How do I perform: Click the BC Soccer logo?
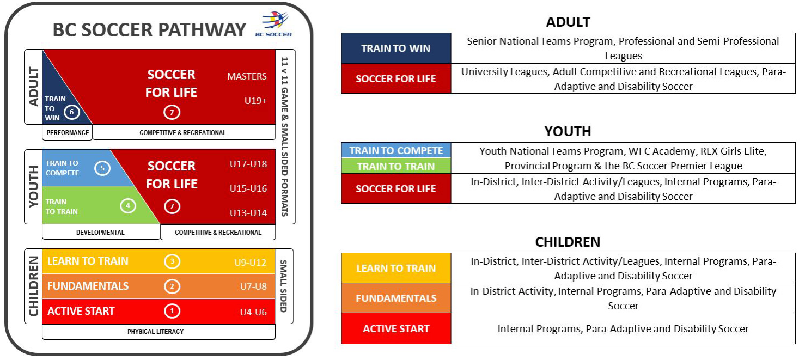(x=273, y=24)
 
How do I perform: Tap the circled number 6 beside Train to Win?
(x=71, y=112)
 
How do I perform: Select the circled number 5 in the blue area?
(x=102, y=168)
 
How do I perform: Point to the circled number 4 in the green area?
(x=128, y=206)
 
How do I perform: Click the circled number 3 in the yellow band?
(x=172, y=261)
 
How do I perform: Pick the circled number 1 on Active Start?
(x=172, y=311)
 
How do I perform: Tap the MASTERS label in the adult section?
(x=247, y=76)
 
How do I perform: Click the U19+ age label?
(x=255, y=101)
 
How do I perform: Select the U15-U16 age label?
(x=248, y=188)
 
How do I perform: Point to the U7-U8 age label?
(x=253, y=286)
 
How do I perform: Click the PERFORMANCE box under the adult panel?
(x=68, y=132)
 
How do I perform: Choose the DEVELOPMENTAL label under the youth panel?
(x=100, y=233)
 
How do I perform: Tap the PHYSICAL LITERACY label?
(x=156, y=331)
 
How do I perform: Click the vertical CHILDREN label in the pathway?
(x=33, y=286)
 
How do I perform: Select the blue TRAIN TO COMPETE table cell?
(x=396, y=150)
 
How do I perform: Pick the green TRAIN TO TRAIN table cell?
(x=396, y=166)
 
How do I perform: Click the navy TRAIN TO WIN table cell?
(x=396, y=48)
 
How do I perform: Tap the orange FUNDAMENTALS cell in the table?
(x=396, y=298)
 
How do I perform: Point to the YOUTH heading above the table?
(x=568, y=131)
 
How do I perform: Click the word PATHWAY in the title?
(x=202, y=30)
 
